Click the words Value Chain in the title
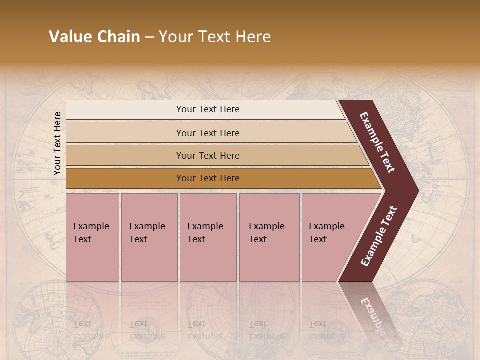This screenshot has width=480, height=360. [x=94, y=37]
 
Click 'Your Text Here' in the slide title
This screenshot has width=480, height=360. [x=215, y=37]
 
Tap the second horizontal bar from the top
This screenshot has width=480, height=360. [x=207, y=133]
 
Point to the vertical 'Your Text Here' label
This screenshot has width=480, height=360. [x=57, y=143]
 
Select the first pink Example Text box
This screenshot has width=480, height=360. [x=92, y=237]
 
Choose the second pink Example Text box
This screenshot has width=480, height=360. [x=149, y=237]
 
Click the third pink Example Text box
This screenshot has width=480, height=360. [x=208, y=237]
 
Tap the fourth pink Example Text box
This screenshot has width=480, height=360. [x=269, y=237]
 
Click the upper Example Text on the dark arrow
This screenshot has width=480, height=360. [x=378, y=143]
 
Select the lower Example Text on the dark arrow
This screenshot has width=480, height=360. [x=379, y=236]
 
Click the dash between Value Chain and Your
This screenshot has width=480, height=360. [x=149, y=37]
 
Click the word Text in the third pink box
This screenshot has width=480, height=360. [x=196, y=239]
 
